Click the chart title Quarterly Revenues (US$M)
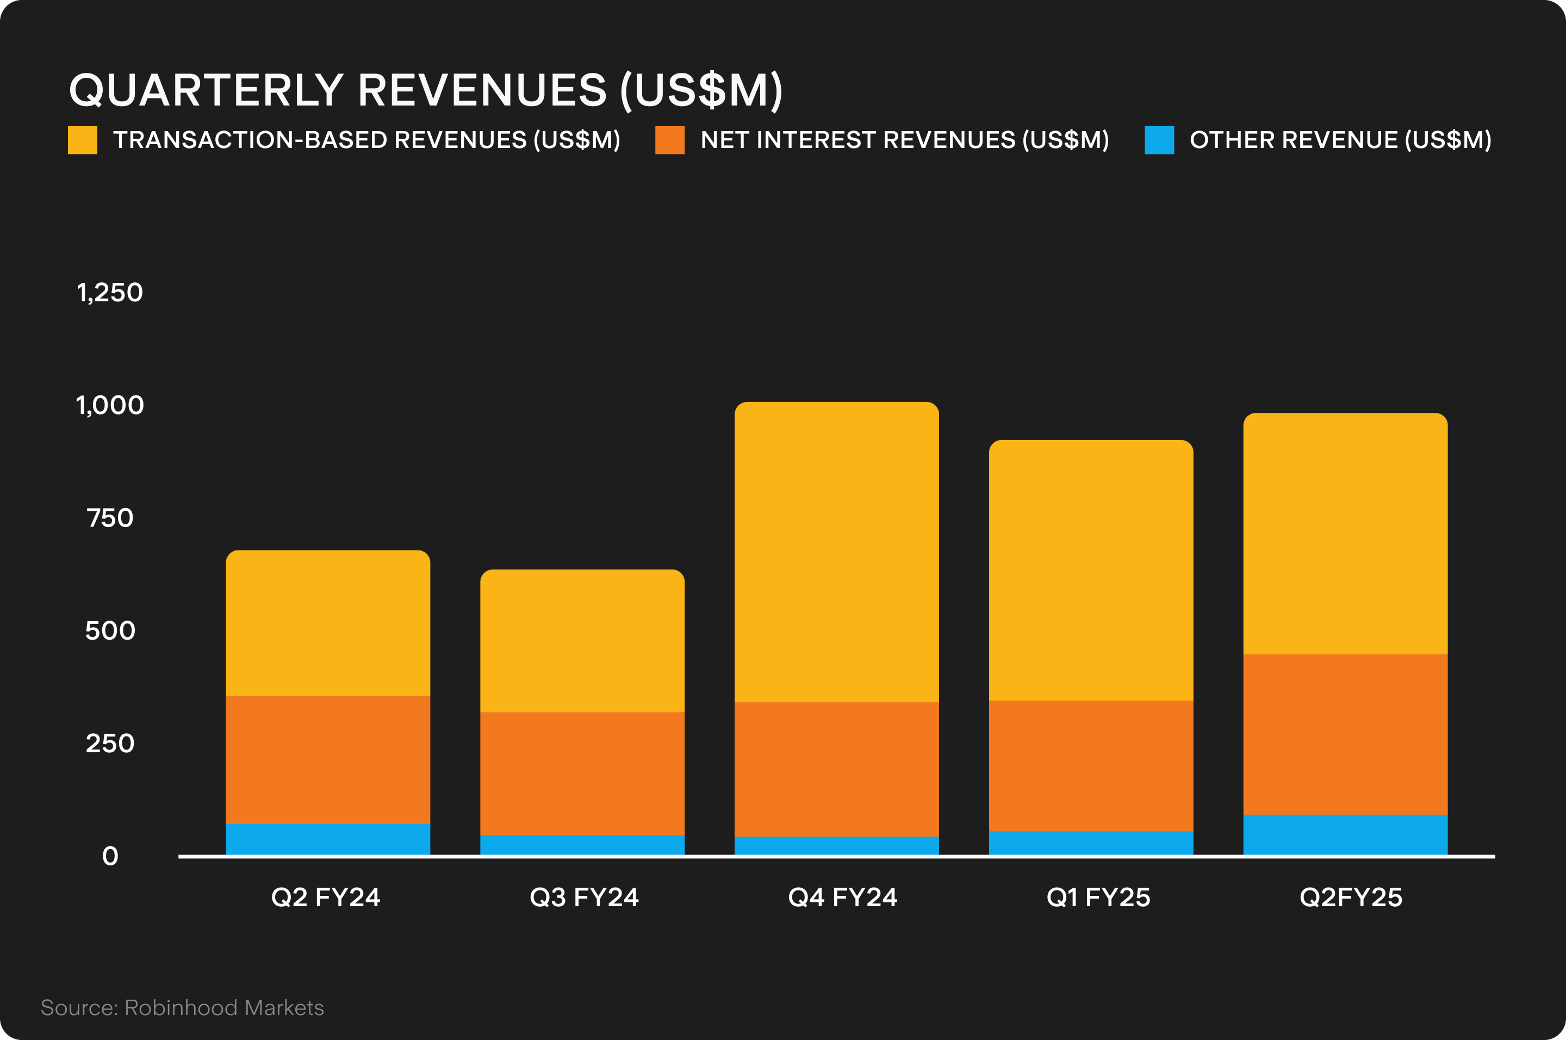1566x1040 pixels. [x=426, y=90]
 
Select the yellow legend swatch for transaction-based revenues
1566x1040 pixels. [x=83, y=140]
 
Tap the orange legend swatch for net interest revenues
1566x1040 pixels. [x=669, y=140]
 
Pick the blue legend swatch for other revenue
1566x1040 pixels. [x=1159, y=140]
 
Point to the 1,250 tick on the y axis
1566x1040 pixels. [x=109, y=293]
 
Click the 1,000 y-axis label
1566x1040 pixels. [x=109, y=405]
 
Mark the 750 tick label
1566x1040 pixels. [x=110, y=518]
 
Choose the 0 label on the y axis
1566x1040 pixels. [x=110, y=856]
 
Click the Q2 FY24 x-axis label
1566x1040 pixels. [x=326, y=897]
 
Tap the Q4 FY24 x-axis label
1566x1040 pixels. [x=842, y=897]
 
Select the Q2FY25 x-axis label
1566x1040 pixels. [x=1351, y=897]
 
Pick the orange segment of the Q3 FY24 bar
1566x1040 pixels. [x=582, y=773]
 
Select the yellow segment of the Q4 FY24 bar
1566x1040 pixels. [x=837, y=552]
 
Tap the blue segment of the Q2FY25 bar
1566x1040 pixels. [x=1345, y=834]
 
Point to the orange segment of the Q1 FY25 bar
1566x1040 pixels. [x=1091, y=765]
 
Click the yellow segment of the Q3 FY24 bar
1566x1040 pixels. [x=582, y=641]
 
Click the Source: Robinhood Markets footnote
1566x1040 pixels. [x=182, y=1007]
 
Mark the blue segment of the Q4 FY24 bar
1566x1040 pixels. [x=837, y=846]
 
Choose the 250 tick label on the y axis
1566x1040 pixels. [x=110, y=744]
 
